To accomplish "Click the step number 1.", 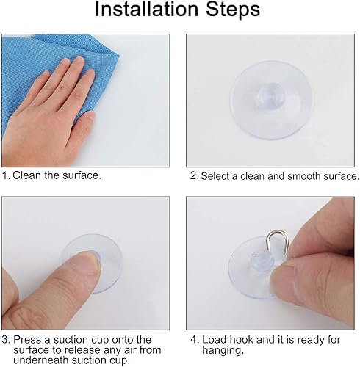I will point(5,176).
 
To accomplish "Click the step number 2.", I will point(194,176).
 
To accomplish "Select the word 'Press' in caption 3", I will point(27,339).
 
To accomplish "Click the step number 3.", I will point(5,339).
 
